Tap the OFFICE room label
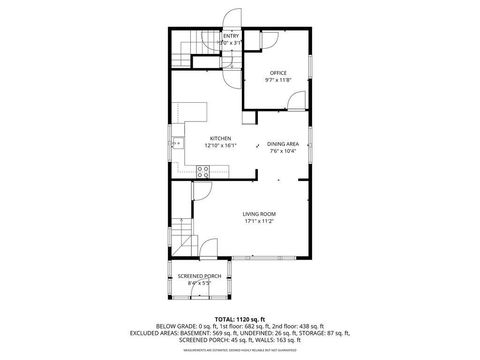[x=278, y=73]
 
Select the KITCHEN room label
[x=221, y=138]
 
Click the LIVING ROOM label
[x=260, y=214]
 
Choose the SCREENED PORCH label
[x=199, y=276]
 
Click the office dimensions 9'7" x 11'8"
[x=278, y=80]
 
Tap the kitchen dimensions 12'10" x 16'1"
[x=221, y=145]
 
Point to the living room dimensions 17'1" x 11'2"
[x=260, y=221]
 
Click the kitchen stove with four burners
[x=202, y=171]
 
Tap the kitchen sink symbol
[x=179, y=144]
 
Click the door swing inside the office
[x=297, y=100]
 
